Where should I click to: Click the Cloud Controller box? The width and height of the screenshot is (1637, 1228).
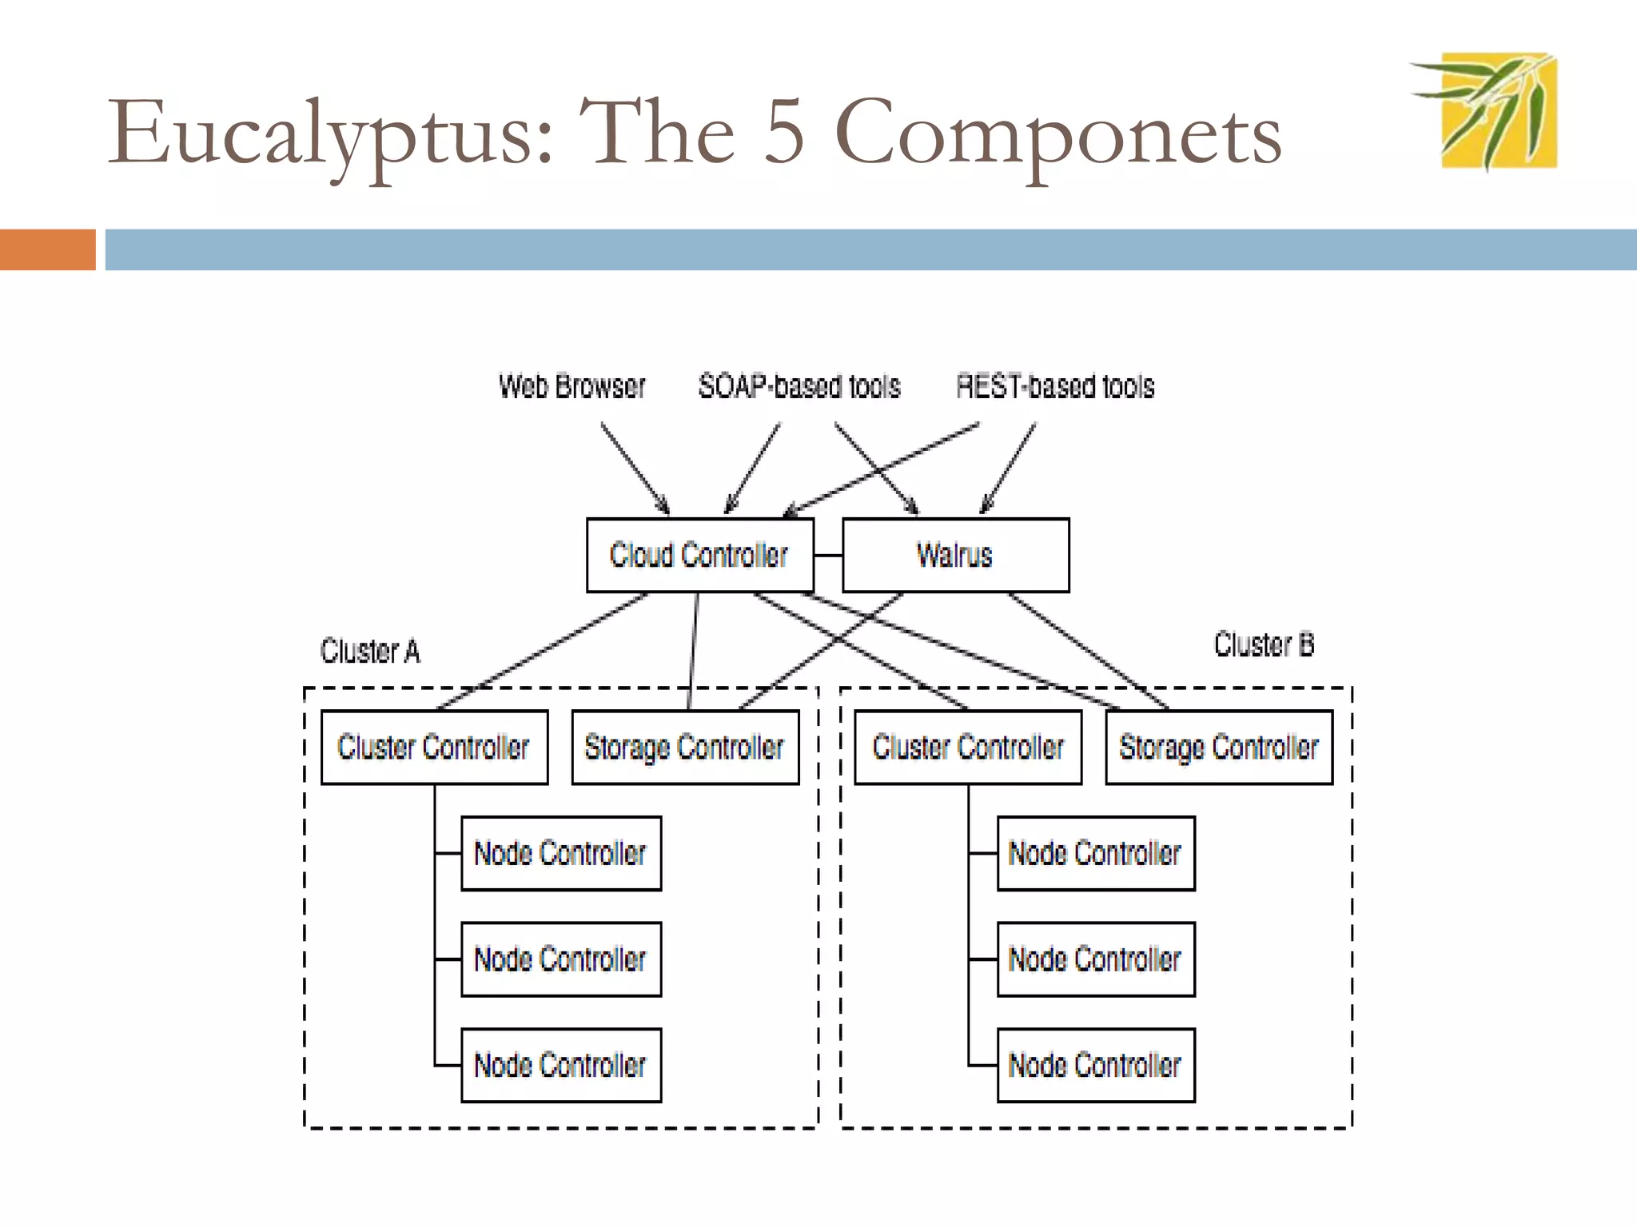click(699, 555)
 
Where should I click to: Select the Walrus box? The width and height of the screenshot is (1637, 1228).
click(955, 555)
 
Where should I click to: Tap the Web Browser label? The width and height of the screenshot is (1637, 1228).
click(572, 386)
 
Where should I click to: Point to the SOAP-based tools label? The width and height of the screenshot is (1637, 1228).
click(799, 386)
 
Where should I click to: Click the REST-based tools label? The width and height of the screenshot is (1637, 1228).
click(1055, 386)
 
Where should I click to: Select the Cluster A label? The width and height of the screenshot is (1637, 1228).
click(370, 651)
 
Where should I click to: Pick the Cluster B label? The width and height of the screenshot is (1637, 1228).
click(1264, 644)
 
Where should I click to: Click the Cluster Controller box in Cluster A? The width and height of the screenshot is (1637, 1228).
click(434, 747)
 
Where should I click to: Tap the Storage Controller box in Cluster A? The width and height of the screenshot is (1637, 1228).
click(685, 747)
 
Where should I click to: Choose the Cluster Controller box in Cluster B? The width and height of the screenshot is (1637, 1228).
click(968, 747)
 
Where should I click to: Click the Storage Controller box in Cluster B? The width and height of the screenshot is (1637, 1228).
click(1219, 747)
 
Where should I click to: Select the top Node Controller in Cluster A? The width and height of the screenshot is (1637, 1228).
click(561, 853)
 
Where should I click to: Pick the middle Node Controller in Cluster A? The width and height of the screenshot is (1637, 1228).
click(561, 959)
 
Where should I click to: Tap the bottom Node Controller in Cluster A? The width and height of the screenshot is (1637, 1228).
click(561, 1065)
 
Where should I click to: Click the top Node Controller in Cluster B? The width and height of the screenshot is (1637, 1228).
click(1096, 853)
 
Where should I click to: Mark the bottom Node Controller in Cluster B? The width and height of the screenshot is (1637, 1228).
click(1096, 1065)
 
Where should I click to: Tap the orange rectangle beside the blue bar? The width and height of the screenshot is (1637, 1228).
click(47, 249)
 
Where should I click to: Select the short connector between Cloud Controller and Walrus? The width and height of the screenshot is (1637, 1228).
click(828, 555)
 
